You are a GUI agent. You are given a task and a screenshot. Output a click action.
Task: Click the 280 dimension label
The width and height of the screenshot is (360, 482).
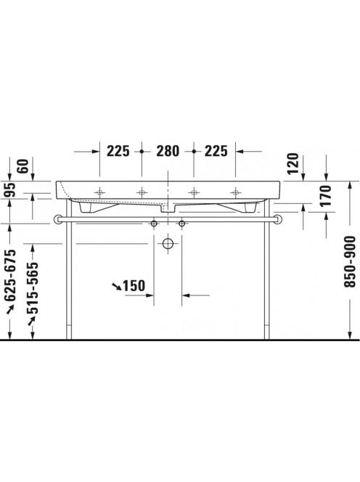point(168,151)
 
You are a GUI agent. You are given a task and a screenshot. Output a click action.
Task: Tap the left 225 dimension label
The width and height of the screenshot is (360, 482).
point(118,151)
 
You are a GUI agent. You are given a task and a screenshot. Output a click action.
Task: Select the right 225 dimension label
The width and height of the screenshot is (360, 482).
point(216,151)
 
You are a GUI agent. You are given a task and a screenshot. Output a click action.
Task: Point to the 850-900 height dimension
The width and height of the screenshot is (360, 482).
point(350,261)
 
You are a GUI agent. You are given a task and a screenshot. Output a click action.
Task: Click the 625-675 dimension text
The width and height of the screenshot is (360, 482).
point(10,275)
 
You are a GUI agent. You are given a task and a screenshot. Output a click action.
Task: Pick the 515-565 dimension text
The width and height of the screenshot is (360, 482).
point(33,288)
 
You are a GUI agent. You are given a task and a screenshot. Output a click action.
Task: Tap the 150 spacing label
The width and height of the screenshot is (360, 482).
point(134,286)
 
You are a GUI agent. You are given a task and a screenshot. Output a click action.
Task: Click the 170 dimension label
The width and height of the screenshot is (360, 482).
point(326,195)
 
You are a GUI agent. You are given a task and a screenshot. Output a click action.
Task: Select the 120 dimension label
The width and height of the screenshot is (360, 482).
point(294,163)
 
